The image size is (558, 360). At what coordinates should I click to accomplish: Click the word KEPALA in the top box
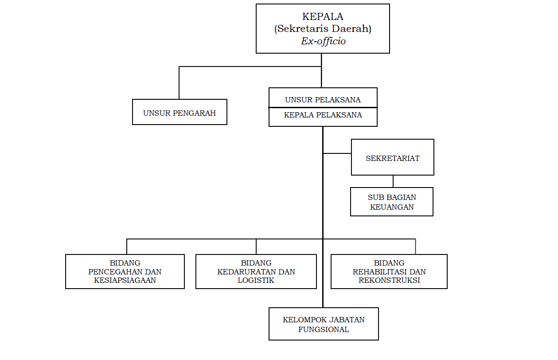coord(323,17)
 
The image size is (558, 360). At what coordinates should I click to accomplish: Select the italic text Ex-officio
coord(323,41)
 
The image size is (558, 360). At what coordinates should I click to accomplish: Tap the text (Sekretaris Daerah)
coord(323,29)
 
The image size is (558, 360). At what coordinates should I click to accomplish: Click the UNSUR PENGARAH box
coord(179,112)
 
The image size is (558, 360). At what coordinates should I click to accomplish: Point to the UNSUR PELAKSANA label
coord(323,100)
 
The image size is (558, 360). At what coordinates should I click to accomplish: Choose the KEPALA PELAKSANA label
coord(323,115)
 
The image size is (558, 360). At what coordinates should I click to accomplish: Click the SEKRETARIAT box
coord(392,158)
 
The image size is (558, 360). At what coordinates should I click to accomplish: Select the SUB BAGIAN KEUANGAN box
coord(391,202)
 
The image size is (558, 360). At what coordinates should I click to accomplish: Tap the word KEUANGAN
coord(392,207)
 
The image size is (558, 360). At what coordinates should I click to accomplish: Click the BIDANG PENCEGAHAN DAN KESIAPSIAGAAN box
coord(125,271)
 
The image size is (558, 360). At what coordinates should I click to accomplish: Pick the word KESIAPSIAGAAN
coord(125,280)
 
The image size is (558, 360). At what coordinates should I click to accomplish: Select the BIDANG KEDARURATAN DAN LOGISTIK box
coord(256,271)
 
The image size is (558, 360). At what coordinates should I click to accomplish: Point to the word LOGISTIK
coord(256,280)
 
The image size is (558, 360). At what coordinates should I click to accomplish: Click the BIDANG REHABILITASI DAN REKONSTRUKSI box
coord(389,271)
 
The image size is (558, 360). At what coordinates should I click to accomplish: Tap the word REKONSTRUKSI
coord(389,280)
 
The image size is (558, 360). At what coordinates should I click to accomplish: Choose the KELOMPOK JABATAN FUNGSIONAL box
coord(324,324)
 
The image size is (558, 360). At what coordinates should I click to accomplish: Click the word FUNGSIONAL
coord(324,329)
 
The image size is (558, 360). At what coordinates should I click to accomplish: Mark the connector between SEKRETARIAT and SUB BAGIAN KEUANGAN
coord(393,181)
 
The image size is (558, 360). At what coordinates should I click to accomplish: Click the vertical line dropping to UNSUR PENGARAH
coord(179,83)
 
